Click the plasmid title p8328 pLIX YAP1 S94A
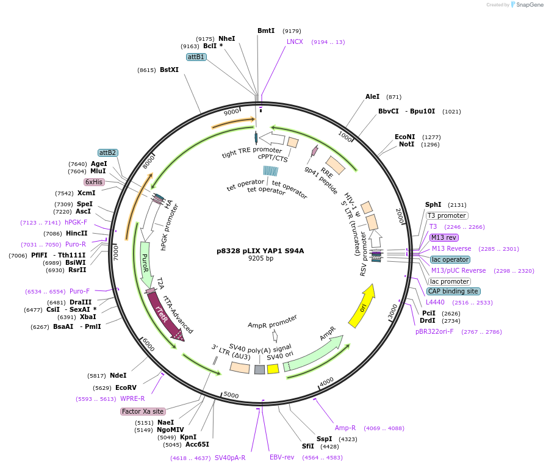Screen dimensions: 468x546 click(260, 250)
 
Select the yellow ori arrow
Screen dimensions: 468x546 click(362, 306)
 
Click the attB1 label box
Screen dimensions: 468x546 click(196, 57)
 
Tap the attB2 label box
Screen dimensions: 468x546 click(107, 153)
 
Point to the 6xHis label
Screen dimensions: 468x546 click(94, 182)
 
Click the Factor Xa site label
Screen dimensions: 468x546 click(143, 411)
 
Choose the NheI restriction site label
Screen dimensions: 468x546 click(226, 38)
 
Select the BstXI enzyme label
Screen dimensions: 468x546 click(169, 70)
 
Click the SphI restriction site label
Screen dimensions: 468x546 click(433, 205)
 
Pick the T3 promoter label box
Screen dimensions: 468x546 click(447, 215)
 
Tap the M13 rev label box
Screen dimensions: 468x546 click(444, 237)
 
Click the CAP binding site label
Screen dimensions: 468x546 click(454, 291)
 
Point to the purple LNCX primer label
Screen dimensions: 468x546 click(295, 41)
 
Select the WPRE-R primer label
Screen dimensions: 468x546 click(132, 398)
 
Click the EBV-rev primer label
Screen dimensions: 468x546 click(282, 457)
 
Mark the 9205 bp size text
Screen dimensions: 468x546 click(260, 259)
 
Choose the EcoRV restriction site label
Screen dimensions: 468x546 click(126, 387)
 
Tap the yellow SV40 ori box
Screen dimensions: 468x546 click(273, 369)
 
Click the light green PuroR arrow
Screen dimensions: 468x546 click(146, 264)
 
